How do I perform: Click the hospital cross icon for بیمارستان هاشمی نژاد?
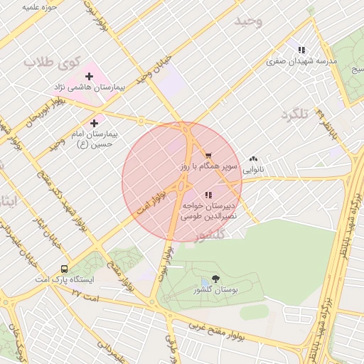[89, 76]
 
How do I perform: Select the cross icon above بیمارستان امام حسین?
[94, 123]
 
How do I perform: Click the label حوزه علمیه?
[39, 7]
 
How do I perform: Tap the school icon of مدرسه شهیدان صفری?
[301, 50]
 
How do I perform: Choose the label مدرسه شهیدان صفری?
[301, 61]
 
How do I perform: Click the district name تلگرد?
[296, 114]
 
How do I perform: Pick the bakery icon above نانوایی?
[254, 159]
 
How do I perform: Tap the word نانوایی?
[254, 170]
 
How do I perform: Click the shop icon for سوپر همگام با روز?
[208, 155]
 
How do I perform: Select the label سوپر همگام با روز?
[206, 166]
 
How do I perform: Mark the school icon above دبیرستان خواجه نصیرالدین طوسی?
[208, 194]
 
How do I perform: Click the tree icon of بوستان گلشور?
[215, 279]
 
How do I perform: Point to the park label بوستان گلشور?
[215, 290]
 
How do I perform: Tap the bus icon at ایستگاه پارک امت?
[65, 269]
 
